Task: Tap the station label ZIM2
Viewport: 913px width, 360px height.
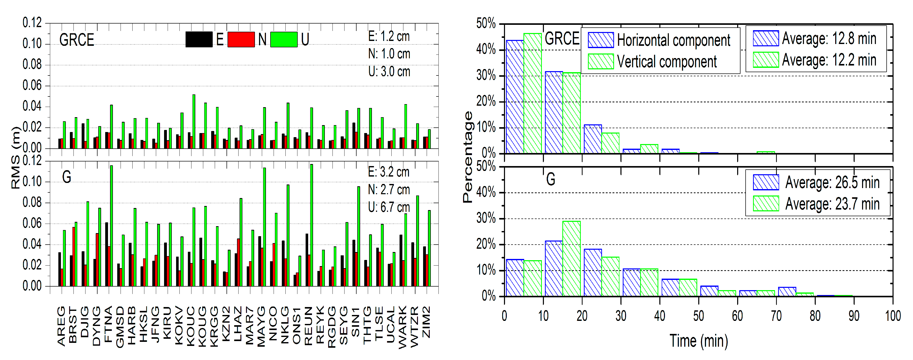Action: (x=426, y=322)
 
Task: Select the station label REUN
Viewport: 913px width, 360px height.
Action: (x=308, y=326)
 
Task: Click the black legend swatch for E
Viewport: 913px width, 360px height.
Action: (x=199, y=39)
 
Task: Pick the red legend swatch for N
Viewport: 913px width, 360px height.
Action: (x=241, y=39)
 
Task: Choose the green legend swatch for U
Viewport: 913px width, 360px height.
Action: (x=284, y=39)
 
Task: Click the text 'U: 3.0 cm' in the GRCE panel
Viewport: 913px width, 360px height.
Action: (x=389, y=72)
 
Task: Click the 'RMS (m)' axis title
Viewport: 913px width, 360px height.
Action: (x=16, y=158)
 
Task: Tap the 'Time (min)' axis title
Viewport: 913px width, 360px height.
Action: (x=699, y=341)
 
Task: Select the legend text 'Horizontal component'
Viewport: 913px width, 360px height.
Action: (x=673, y=40)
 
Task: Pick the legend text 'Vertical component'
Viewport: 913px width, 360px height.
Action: (x=667, y=62)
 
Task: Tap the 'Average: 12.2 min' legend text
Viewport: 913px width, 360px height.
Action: (x=829, y=60)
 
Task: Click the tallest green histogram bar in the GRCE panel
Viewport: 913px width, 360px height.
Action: (x=532, y=94)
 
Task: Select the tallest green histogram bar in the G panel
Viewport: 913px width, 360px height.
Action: (x=571, y=259)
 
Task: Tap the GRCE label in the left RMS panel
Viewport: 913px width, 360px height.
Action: (x=77, y=40)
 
